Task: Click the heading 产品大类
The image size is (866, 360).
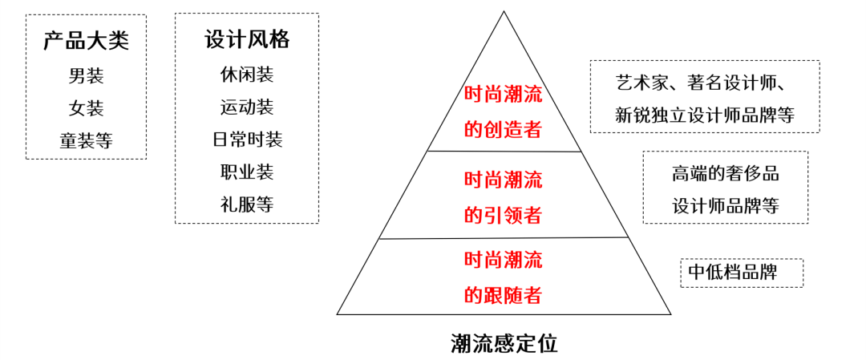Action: [86, 41]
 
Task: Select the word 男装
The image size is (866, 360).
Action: [86, 76]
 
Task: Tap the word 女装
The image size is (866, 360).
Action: [86, 108]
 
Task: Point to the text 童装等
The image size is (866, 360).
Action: [86, 141]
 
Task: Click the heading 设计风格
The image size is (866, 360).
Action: [247, 40]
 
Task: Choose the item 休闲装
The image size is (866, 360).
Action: [247, 75]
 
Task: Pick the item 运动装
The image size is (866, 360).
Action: [247, 107]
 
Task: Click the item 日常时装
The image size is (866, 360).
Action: [247, 140]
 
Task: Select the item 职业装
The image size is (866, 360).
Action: [247, 172]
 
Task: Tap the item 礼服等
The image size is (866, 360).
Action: [247, 204]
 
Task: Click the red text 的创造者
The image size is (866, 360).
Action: [503, 129]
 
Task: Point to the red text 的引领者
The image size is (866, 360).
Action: [503, 215]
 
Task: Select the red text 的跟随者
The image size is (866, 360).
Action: [503, 295]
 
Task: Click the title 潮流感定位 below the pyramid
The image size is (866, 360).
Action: [504, 343]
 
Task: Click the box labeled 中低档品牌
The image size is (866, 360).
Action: [741, 273]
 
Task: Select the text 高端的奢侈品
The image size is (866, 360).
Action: [725, 173]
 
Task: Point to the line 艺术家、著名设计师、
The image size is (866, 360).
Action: [704, 83]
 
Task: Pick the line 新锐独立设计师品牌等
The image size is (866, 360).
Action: [704, 115]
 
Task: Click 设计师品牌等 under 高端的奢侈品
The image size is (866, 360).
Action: [725, 206]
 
